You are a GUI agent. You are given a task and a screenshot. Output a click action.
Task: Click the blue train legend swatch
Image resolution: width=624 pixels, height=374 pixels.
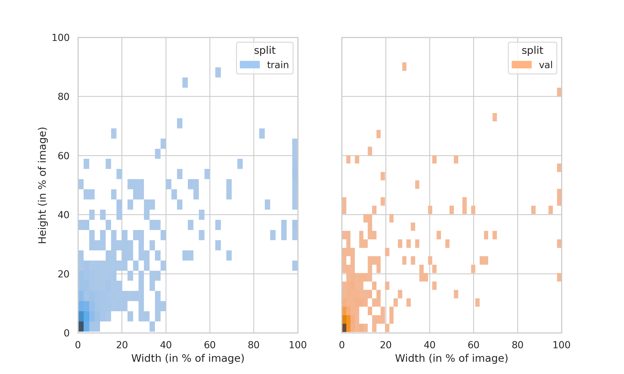[249, 65]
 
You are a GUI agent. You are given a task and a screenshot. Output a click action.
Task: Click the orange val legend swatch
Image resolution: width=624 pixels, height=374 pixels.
[521, 65]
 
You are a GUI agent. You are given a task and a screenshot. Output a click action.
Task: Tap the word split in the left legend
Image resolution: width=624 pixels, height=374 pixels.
[265, 50]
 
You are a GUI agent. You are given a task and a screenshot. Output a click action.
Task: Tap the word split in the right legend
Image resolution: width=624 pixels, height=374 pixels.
[532, 50]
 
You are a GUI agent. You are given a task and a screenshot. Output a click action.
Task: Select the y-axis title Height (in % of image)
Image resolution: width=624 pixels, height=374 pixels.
[42, 185]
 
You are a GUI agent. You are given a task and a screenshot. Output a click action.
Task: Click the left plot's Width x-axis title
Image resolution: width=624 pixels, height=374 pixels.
[188, 358]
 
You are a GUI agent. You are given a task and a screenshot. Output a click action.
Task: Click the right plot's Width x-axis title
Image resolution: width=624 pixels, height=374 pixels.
[451, 358]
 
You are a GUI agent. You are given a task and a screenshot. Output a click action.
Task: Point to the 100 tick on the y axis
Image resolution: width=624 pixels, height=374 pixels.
[61, 38]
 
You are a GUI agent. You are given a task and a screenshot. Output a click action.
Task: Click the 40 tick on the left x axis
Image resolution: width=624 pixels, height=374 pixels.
[166, 345]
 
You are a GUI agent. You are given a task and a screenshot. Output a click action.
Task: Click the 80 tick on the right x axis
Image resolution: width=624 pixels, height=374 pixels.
[517, 345]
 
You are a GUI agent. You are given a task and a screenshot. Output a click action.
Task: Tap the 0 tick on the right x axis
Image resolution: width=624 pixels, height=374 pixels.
[342, 345]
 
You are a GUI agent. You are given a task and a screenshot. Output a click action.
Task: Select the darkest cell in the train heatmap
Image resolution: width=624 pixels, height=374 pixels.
[81, 326]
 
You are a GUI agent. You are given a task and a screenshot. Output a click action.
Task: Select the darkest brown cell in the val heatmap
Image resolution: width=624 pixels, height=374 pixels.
[344, 328]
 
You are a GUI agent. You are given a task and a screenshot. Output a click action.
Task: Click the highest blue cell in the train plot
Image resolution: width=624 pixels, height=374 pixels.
[218, 72]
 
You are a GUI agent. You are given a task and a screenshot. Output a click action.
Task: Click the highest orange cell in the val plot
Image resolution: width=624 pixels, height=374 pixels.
[404, 66]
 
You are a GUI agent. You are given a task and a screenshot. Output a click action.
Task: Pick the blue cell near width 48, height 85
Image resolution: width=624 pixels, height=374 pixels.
[185, 82]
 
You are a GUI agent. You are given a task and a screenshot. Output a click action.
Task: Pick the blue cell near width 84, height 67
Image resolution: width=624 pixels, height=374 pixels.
[262, 133]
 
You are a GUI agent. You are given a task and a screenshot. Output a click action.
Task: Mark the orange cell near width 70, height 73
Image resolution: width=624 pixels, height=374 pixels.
[494, 117]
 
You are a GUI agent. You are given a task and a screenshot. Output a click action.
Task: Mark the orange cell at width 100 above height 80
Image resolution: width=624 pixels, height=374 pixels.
[559, 92]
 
